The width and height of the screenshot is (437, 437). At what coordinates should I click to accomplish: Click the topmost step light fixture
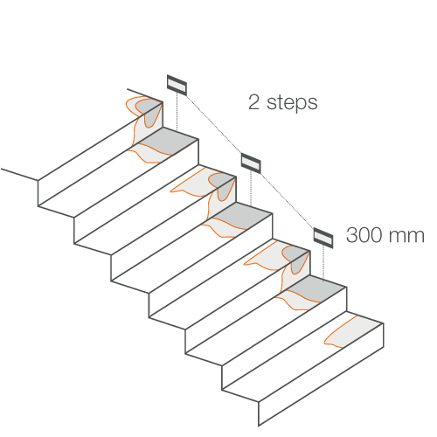click(177, 85)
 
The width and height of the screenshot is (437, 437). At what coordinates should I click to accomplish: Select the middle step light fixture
click(251, 163)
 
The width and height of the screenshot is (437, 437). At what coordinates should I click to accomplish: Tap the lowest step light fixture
click(323, 238)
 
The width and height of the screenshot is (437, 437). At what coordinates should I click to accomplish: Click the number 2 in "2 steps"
click(253, 102)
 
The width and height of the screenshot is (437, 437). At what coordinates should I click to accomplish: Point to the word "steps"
click(292, 103)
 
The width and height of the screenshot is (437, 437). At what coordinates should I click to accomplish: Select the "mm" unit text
click(406, 237)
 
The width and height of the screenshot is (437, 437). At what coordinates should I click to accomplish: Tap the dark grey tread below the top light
click(170, 141)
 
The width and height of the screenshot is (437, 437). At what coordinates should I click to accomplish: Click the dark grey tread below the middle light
click(243, 216)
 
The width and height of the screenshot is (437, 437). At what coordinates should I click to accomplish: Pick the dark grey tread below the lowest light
click(316, 289)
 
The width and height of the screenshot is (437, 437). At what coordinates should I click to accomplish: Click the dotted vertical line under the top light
click(177, 112)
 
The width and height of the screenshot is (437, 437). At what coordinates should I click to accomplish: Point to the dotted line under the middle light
click(251, 189)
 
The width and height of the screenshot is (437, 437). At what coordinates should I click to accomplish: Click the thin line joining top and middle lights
click(214, 124)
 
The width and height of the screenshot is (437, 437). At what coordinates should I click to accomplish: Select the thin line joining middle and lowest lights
click(287, 200)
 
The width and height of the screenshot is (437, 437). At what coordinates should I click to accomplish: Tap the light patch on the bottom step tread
click(354, 332)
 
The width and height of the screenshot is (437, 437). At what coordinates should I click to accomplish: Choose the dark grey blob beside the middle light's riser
click(223, 185)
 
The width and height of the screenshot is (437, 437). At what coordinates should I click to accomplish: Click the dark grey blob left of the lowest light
click(296, 259)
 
